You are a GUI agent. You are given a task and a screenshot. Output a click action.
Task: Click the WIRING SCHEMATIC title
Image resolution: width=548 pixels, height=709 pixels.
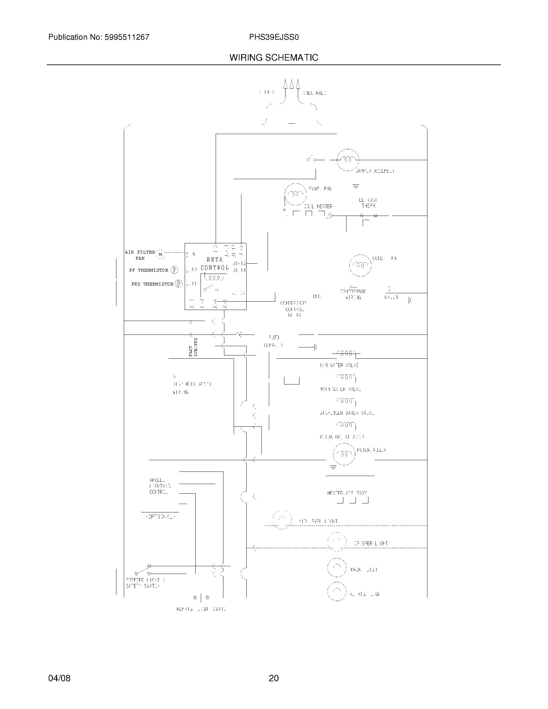(x=274, y=57)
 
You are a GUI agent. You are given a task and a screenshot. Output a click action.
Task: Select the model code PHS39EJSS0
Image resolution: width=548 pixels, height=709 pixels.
(x=274, y=37)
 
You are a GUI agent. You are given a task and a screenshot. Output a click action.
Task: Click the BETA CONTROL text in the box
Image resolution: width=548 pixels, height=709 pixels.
(x=215, y=264)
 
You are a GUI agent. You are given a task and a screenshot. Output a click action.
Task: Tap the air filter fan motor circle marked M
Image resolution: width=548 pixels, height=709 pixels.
(x=161, y=255)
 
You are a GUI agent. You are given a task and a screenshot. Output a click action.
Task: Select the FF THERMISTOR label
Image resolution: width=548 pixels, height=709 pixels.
(x=148, y=270)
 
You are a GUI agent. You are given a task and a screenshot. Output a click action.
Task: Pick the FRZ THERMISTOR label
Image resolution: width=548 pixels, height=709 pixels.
(x=152, y=284)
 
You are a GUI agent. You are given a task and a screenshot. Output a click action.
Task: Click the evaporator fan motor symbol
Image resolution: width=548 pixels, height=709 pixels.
(x=295, y=194)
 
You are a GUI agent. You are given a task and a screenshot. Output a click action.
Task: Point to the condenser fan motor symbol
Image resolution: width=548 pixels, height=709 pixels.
(x=360, y=265)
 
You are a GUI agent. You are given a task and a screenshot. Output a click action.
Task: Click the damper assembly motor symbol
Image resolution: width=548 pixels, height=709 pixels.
(x=347, y=160)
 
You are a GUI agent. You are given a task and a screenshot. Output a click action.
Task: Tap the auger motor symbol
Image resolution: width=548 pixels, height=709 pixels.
(x=344, y=454)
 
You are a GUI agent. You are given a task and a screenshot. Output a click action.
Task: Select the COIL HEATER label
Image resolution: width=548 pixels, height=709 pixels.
(x=318, y=207)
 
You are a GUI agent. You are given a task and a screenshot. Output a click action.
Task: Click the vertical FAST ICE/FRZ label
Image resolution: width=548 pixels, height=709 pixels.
(x=193, y=347)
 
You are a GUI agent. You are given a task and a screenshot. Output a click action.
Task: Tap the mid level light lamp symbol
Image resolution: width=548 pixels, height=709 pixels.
(x=282, y=520)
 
